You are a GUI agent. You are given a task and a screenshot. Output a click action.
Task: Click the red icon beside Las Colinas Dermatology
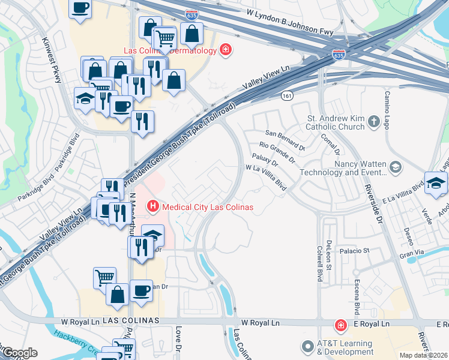click(225, 50)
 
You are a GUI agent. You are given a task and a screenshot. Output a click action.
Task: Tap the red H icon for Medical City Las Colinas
click(153, 208)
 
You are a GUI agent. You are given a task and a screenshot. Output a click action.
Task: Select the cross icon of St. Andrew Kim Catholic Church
click(375, 122)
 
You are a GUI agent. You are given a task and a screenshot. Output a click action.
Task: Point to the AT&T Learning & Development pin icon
click(308, 347)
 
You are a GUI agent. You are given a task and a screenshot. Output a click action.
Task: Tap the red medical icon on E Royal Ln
click(341, 325)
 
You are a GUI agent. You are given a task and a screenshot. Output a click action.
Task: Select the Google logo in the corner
click(19, 353)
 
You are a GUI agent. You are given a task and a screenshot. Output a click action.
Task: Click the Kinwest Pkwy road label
click(52, 61)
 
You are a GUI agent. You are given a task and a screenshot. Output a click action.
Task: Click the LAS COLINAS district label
click(131, 321)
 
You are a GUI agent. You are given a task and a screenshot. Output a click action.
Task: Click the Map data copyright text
click(424, 355)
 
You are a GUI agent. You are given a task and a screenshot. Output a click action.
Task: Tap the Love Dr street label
click(178, 340)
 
